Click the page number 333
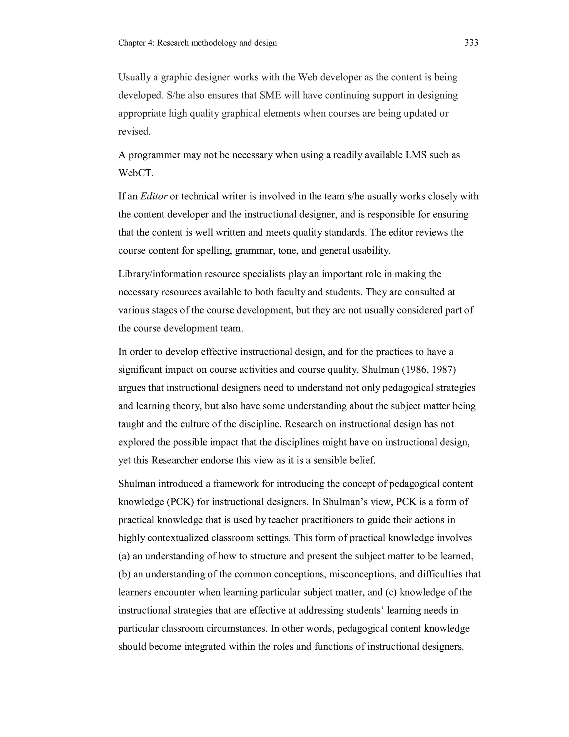(x=471, y=43)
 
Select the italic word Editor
(x=154, y=196)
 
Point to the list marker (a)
(x=124, y=556)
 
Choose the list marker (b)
(x=124, y=574)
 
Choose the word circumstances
(x=236, y=629)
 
